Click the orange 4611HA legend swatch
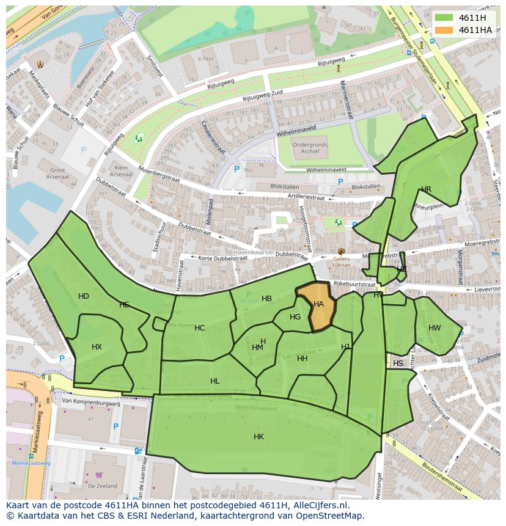444,29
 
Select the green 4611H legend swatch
444,18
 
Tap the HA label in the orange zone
318,304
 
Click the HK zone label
258,437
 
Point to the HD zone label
84,296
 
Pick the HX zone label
97,347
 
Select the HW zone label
435,328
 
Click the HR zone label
426,189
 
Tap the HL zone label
215,381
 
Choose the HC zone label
199,328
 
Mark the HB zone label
266,299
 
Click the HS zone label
398,363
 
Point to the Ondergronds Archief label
309,148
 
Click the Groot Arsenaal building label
57,174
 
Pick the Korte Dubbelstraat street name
224,258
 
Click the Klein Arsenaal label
121,171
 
